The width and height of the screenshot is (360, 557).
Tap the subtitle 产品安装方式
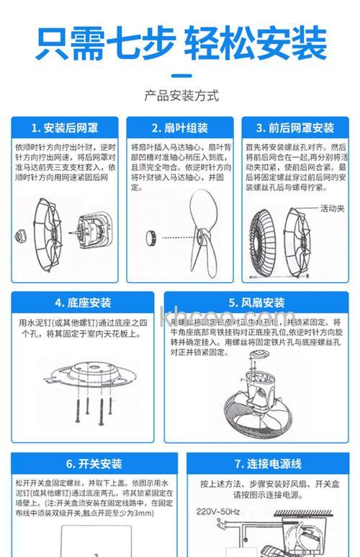point(181,96)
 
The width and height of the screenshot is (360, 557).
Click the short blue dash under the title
point(181,74)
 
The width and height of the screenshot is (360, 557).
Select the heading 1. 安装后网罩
point(61,128)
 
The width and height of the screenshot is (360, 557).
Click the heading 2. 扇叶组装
point(181,128)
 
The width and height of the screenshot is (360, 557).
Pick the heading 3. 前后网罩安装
point(295,128)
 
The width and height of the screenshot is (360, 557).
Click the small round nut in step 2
point(153,235)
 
